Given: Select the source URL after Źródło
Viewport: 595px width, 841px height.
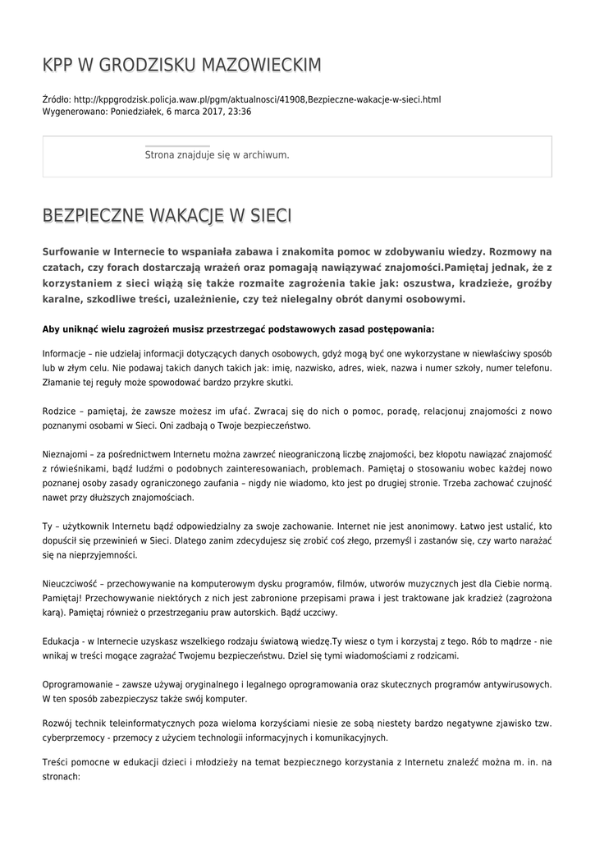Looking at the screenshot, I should (257, 99).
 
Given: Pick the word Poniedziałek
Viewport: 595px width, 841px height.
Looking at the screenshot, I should (135, 111).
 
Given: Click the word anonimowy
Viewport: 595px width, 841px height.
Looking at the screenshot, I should (397, 523).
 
